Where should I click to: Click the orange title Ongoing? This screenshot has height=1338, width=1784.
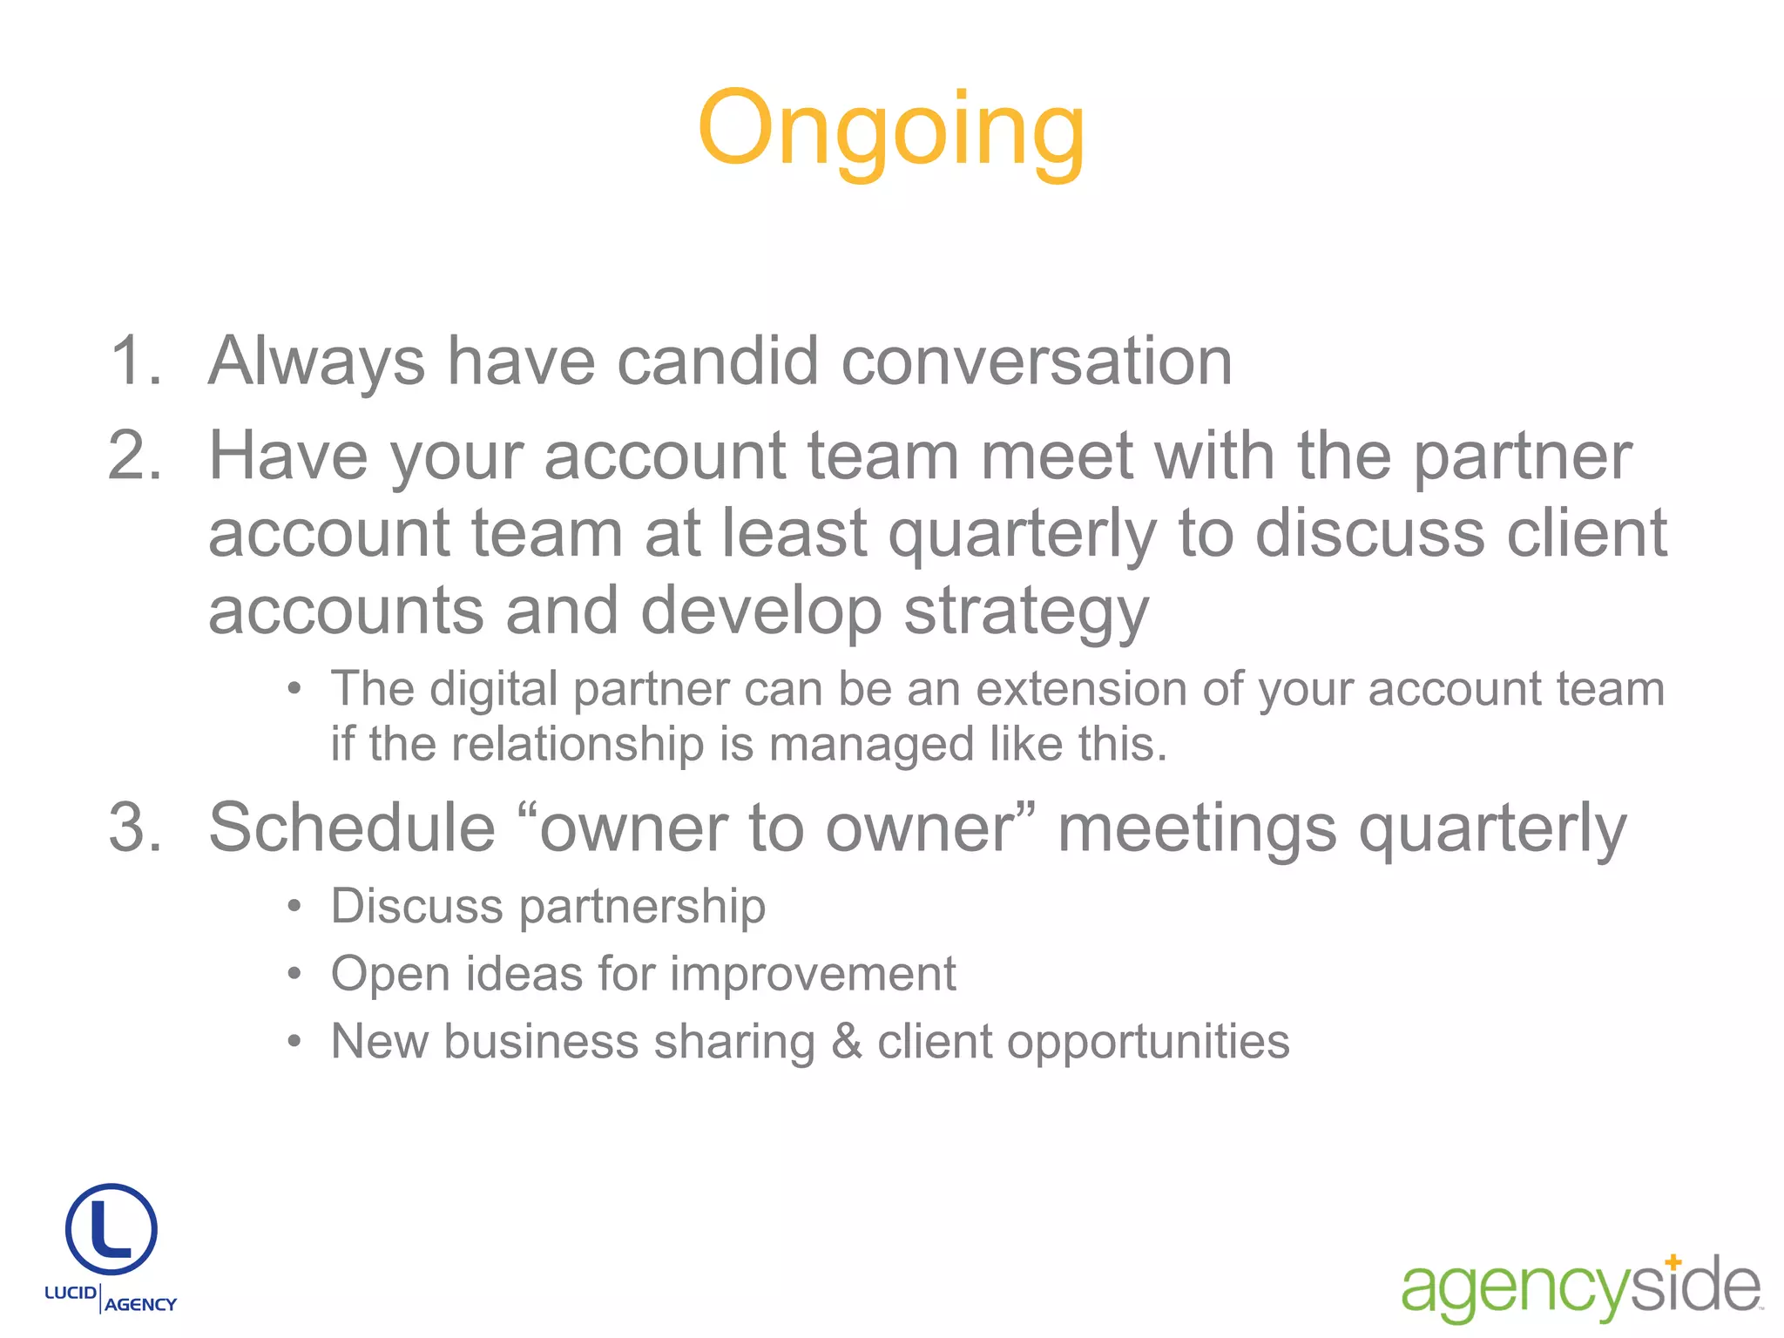891,131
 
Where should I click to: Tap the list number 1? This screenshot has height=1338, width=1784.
135,361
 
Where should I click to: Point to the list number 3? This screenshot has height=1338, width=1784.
135,828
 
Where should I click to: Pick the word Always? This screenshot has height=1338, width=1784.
316,362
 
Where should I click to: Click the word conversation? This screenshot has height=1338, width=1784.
1037,361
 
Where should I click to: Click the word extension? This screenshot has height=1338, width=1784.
1081,689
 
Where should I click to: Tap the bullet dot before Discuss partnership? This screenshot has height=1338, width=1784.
295,907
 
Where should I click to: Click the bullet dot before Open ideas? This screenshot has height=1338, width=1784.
295,974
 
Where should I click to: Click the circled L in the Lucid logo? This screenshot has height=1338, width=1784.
111,1228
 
